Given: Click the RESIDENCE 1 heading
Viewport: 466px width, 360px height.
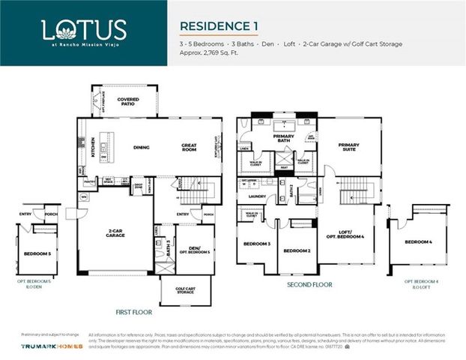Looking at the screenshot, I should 219,25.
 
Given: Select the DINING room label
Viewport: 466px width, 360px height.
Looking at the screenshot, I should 142,148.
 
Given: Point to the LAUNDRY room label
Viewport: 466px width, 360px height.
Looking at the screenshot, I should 258,196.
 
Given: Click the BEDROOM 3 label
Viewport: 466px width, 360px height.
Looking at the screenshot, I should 257,244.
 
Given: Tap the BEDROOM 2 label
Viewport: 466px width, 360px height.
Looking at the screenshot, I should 298,250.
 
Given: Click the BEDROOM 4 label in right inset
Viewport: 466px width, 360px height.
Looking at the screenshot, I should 418,242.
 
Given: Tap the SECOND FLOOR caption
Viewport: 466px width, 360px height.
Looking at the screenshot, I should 309,285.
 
